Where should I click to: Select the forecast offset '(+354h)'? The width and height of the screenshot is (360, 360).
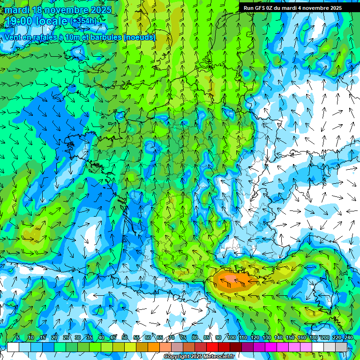pyautogui.click(x=83, y=21)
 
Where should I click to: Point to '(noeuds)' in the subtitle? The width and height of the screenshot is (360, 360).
pyautogui.click(x=139, y=37)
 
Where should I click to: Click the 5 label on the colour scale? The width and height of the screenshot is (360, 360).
pyautogui.click(x=18, y=337)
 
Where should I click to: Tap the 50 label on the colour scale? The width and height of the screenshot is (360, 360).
pyautogui.click(x=124, y=337)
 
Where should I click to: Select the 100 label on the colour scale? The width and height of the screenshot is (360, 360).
pyautogui.click(x=231, y=337)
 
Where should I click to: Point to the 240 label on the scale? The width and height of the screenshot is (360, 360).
pyautogui.click(x=348, y=337)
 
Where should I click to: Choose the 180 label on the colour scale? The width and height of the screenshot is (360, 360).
pyautogui.click(x=313, y=337)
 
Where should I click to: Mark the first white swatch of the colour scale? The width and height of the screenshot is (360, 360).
pyautogui.click(x=13, y=347)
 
